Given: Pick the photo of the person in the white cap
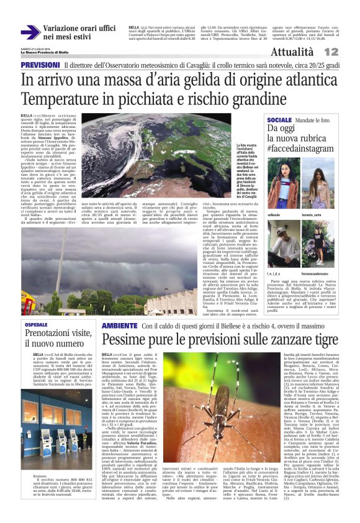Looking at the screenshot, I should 282,243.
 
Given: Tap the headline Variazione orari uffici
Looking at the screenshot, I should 79,29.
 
